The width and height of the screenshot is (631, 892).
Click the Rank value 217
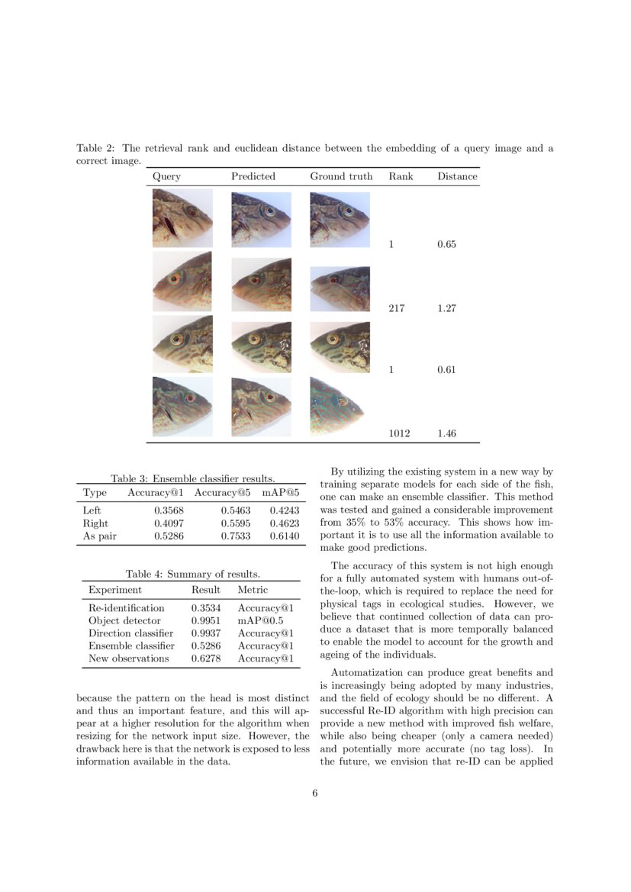[397, 308]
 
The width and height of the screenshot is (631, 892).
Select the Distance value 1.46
[446, 433]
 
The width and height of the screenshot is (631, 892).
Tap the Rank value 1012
[399, 433]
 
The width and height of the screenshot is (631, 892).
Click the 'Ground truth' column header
[341, 176]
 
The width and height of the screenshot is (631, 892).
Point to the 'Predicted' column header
[253, 176]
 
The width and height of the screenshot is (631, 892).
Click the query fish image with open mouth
[182, 218]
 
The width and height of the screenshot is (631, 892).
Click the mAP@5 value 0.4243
[285, 510]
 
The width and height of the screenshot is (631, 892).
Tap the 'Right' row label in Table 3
[95, 523]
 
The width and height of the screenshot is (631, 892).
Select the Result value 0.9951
[205, 621]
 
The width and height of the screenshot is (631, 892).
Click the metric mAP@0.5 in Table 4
[260, 621]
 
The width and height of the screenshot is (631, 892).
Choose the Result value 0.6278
[205, 658]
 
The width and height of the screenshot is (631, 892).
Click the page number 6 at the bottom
[314, 793]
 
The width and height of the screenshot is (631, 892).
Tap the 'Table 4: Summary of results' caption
[193, 574]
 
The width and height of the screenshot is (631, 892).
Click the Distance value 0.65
[446, 245]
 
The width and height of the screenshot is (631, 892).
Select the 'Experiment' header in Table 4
[114, 590]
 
